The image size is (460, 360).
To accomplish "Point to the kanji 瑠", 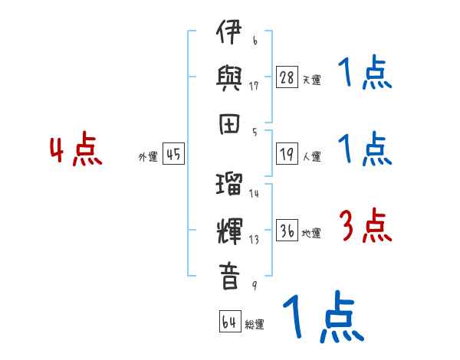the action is point(229,185).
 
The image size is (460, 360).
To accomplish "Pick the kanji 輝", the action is point(229,231).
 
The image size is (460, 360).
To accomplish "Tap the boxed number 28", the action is point(287,77).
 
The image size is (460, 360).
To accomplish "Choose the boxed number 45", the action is point(173,155).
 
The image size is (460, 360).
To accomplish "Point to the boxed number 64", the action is point(229,322).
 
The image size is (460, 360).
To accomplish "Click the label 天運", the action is point(311,80).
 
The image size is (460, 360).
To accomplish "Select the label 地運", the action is point(311,234).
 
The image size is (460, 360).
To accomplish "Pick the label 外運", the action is point(148,157).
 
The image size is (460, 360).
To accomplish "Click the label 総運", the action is point(255,325).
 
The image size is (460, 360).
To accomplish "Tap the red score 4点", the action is point(76,152).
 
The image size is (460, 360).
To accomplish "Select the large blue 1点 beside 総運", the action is point(322,318).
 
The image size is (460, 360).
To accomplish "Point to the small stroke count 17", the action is point(254,85).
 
